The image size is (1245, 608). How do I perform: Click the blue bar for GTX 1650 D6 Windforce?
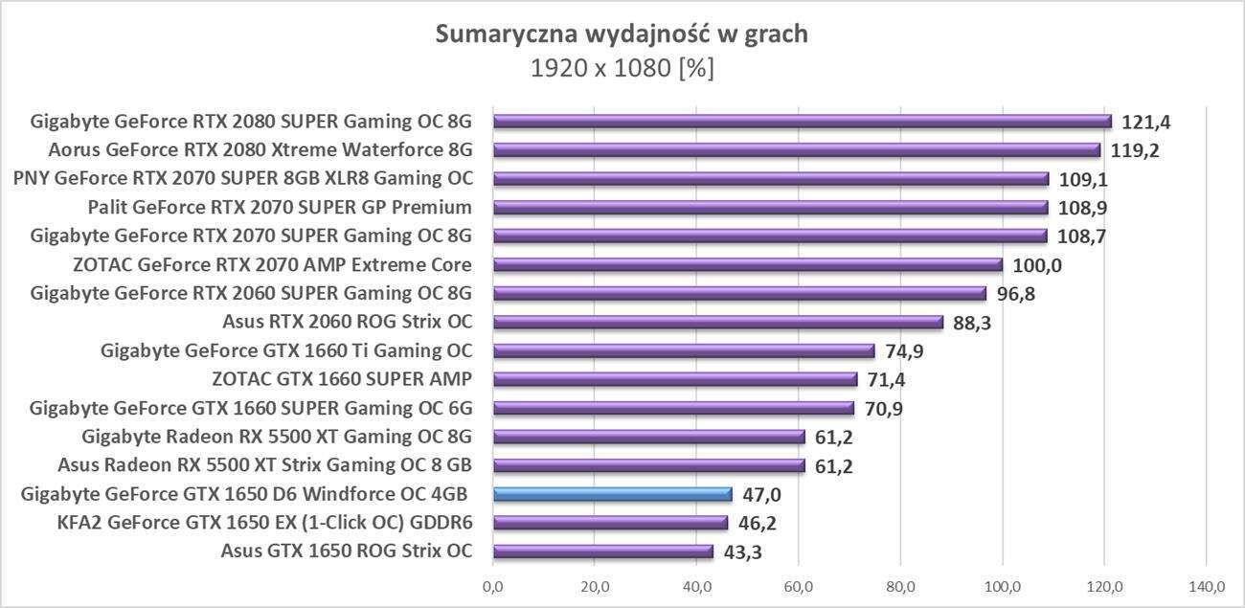(x=613, y=494)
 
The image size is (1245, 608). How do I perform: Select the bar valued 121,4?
(x=803, y=122)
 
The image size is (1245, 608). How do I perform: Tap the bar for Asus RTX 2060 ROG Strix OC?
(x=718, y=323)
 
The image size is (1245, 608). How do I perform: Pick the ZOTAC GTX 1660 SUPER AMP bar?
(x=675, y=380)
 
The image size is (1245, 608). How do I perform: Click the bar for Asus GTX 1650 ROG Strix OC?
(x=603, y=552)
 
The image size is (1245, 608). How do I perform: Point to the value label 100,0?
(x=1037, y=265)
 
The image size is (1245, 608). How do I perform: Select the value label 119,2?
(x=1135, y=150)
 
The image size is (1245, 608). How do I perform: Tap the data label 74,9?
(x=904, y=351)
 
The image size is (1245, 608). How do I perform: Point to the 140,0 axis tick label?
(x=1206, y=585)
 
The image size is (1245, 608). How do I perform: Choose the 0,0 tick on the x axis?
(x=494, y=585)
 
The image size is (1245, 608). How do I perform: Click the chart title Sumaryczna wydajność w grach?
(x=622, y=34)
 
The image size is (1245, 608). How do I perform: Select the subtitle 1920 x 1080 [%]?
(x=622, y=69)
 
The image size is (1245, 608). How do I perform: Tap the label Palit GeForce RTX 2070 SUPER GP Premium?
(x=279, y=208)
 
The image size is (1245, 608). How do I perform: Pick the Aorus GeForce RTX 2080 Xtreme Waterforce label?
(x=260, y=150)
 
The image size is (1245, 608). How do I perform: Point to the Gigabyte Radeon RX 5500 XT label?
(x=277, y=438)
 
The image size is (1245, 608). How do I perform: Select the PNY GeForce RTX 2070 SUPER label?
(x=242, y=179)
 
